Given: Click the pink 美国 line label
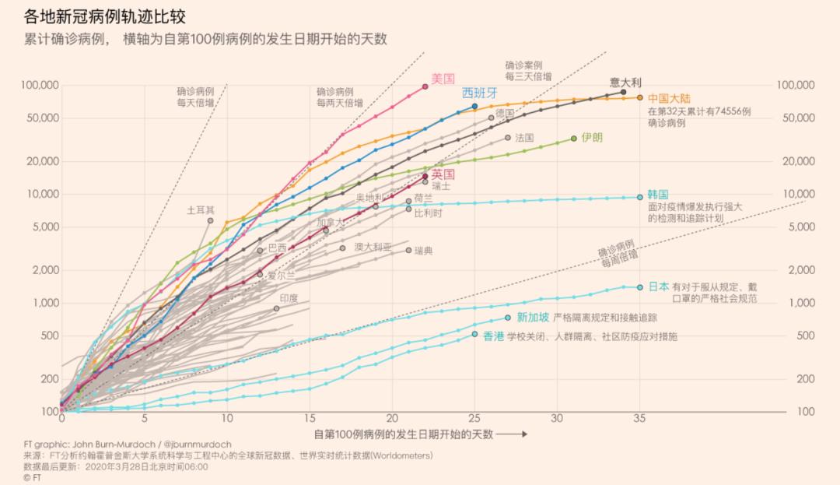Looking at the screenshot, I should pos(443,79).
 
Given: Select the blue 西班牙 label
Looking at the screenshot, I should pos(479,93).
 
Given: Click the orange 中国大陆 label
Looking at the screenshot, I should pos(668,98).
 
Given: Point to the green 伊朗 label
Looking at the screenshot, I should pos(592,137).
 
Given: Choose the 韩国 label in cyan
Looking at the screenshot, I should pos(658,194).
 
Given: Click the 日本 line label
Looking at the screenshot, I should pos(658,286).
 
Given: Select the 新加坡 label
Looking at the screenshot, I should pos(533,317).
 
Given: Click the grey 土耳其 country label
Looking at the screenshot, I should pos(200,210).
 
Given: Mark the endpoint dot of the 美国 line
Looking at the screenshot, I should pos(425,86).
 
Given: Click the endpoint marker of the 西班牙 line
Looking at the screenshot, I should pos(474,106).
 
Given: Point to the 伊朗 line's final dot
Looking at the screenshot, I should pos(574,138).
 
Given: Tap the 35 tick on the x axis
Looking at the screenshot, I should pos(640,418).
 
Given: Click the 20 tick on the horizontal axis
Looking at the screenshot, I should pos(392,418).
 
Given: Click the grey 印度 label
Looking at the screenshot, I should pos(289,298).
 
